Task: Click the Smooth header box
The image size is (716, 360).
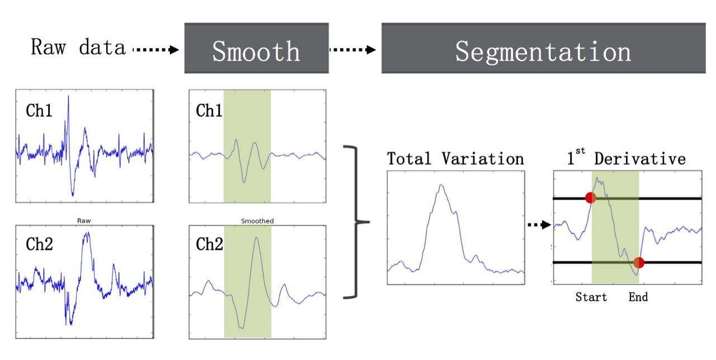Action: (256, 49)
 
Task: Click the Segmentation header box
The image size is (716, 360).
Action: (543, 49)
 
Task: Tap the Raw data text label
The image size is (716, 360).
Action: (78, 48)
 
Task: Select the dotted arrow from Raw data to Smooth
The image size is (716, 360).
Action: (156, 50)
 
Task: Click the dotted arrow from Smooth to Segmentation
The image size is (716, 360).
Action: (352, 50)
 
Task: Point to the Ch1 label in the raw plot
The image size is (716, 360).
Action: (39, 111)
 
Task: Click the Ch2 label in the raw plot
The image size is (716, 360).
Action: (39, 244)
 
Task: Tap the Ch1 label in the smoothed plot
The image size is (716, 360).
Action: (209, 111)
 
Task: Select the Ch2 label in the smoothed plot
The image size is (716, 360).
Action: (209, 244)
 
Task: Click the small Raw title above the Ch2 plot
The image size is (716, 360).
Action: (84, 221)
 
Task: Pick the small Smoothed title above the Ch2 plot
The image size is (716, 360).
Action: (257, 221)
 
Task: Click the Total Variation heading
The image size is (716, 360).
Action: (455, 159)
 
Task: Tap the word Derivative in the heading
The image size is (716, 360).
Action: (639, 159)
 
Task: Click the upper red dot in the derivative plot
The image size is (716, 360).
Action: (590, 197)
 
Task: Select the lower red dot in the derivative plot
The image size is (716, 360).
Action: (639, 262)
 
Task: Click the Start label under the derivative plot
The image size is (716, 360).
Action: (591, 297)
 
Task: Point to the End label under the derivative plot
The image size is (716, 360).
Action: (638, 297)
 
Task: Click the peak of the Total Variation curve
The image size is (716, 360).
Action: (441, 185)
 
